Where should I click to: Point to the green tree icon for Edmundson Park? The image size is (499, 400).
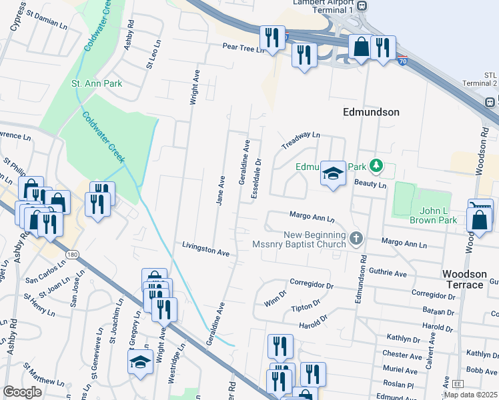[376, 164]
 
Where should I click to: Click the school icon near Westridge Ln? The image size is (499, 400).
[140, 362]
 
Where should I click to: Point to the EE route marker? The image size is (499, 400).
[458, 385]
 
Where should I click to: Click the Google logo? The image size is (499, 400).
[22, 392]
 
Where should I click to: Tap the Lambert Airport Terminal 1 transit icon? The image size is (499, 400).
[362, 6]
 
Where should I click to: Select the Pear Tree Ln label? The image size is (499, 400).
[244, 48]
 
